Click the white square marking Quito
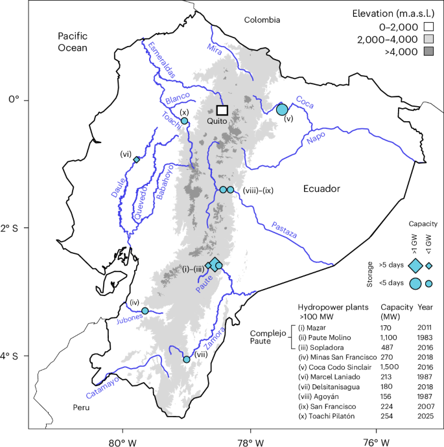[222, 110]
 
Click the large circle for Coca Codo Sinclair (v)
[282, 109]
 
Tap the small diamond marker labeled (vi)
[137, 159]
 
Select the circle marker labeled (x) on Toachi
[185, 121]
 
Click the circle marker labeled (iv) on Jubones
[145, 311]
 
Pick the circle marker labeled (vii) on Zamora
[187, 359]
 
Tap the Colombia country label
[262, 20]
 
